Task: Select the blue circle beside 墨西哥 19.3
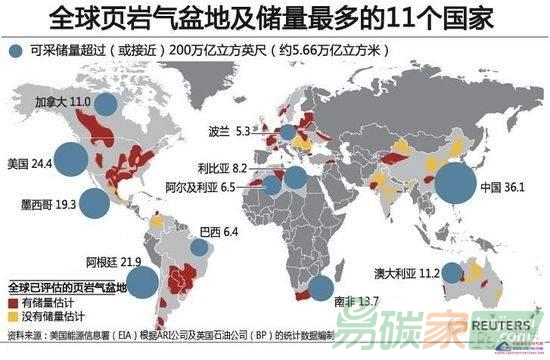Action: tap(95, 204)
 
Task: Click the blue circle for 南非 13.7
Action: tap(321, 289)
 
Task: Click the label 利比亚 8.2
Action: tap(243, 171)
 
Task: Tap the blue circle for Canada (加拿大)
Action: tap(106, 101)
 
